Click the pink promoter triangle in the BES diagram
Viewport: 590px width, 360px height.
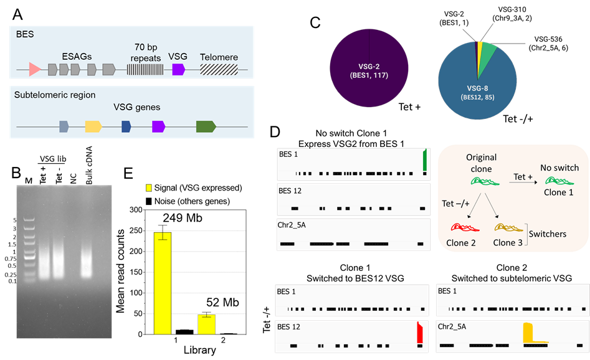34,69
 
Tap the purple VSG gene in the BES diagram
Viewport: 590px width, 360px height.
178,69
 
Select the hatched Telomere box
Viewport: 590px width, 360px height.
219,69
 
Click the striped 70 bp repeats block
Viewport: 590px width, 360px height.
145,69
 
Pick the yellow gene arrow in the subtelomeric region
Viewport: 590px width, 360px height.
93,126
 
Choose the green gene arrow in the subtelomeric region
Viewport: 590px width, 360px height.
206,126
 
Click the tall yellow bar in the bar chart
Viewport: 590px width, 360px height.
163,283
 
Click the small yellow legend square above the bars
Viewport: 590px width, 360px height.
148,187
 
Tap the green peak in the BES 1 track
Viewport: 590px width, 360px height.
424,160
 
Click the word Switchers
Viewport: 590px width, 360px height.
548,234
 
